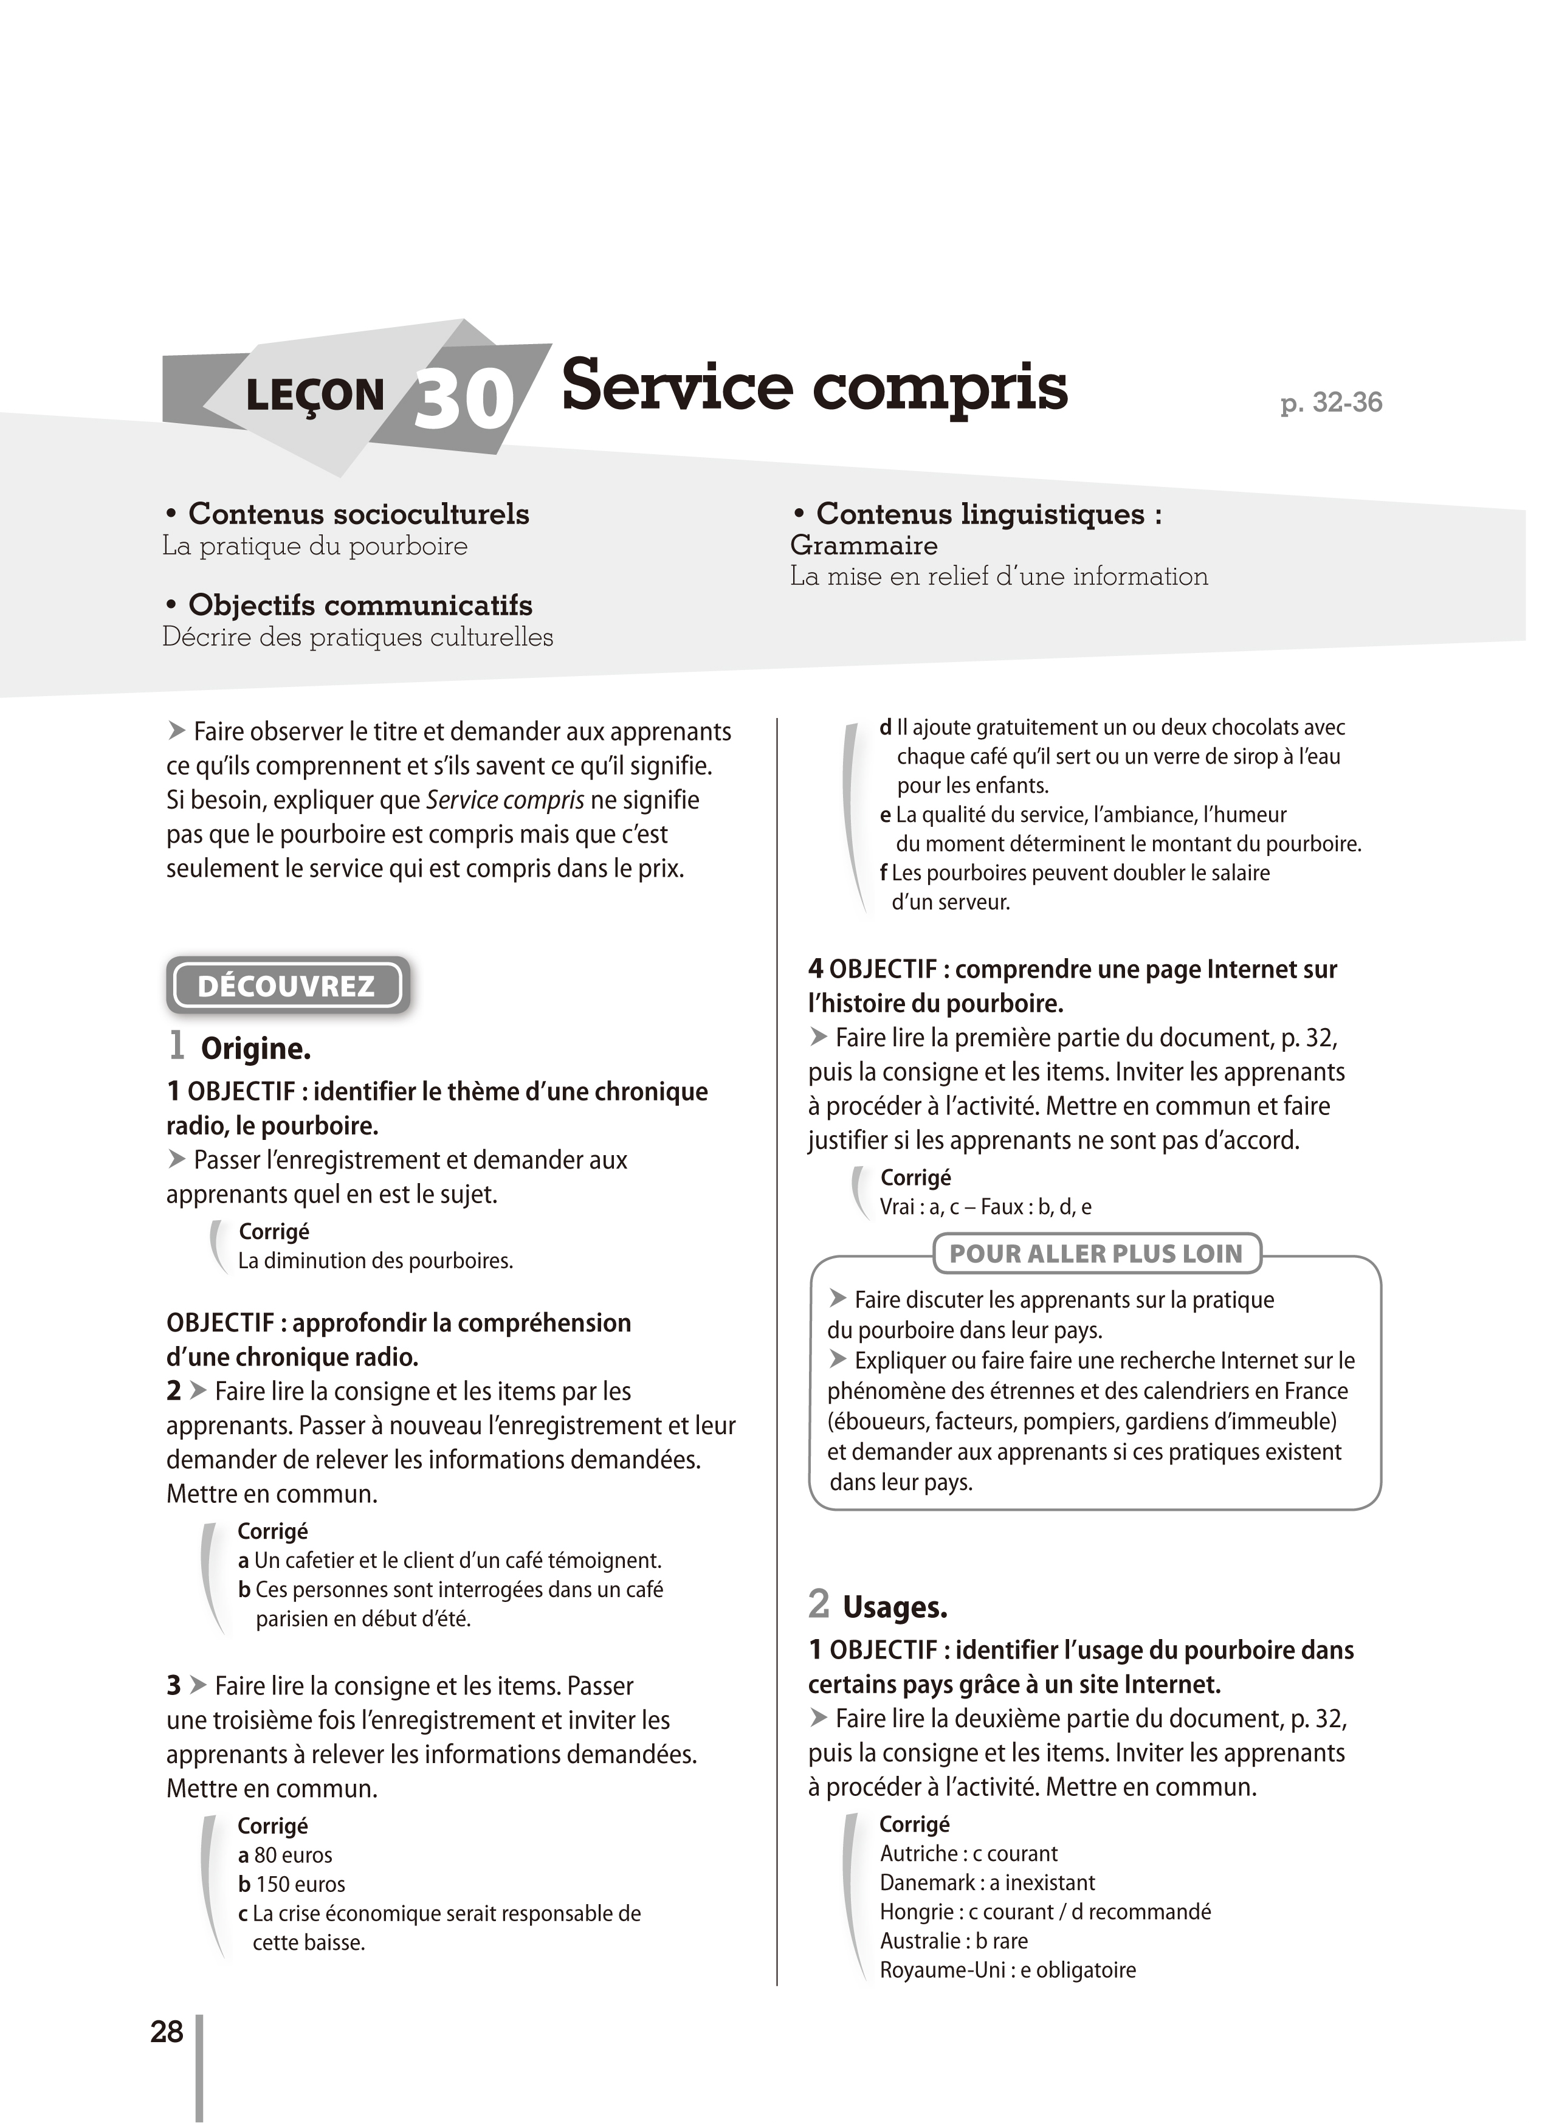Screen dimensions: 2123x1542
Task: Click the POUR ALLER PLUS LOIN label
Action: tap(1096, 1254)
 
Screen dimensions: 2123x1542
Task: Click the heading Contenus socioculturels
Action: tap(359, 514)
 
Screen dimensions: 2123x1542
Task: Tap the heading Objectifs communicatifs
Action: tap(360, 605)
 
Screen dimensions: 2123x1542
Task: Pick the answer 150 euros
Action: tap(292, 1883)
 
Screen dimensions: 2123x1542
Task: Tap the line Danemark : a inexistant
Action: tap(987, 1882)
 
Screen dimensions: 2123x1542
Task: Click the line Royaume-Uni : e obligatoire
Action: tap(1008, 1969)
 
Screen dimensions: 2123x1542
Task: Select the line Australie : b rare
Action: tap(954, 1941)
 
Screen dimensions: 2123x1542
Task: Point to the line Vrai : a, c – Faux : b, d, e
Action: tap(985, 1207)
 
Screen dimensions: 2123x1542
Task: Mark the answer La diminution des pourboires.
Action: tap(375, 1261)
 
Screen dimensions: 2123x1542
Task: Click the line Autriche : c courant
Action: tap(968, 1854)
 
